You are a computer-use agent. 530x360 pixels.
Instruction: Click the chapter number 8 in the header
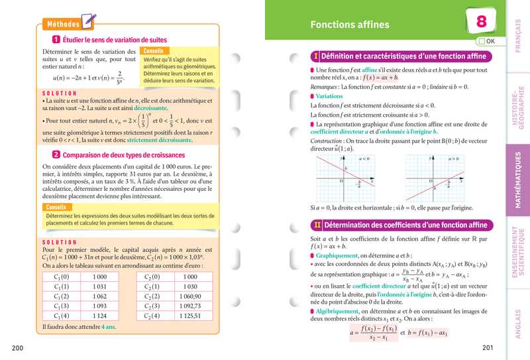(x=482, y=21)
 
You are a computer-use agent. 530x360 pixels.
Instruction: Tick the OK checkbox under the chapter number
(x=480, y=41)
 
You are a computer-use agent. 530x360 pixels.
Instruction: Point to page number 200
(x=18, y=348)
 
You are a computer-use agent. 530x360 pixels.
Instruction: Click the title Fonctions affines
(x=350, y=25)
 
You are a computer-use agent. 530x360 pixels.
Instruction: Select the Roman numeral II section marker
(x=317, y=225)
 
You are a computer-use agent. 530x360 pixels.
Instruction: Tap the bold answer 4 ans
(x=108, y=327)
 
